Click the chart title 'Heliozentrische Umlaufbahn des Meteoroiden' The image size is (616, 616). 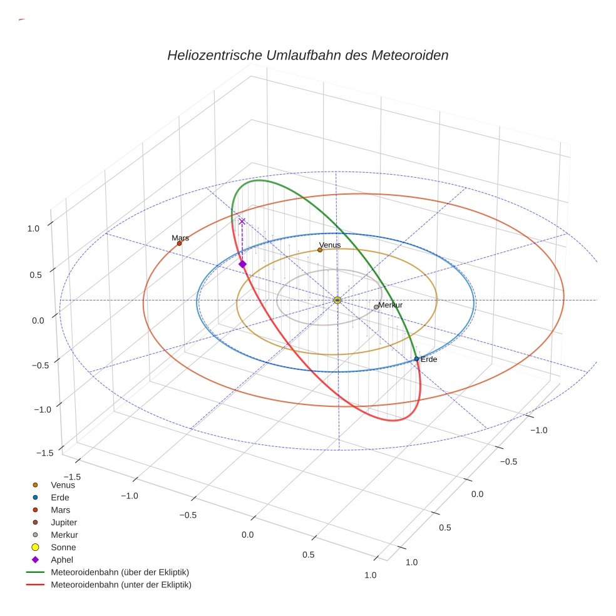(307, 55)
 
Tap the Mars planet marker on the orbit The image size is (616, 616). (179, 244)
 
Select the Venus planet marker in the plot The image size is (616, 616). (320, 250)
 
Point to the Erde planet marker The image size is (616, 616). (416, 359)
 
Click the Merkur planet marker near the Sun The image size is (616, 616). (376, 307)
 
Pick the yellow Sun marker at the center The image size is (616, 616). (337, 300)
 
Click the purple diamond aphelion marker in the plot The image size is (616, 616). (242, 264)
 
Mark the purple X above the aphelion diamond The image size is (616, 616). (242, 221)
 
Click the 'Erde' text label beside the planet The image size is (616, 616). (429, 360)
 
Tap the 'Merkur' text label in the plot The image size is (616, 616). (390, 305)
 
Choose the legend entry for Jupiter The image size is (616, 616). (64, 522)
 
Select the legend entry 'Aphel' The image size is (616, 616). (61, 560)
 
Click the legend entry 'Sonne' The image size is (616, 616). (63, 547)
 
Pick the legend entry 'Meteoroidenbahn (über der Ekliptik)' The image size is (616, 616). (120, 572)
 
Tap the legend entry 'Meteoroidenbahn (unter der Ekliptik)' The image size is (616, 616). (121, 585)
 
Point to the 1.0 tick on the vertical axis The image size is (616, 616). (33, 228)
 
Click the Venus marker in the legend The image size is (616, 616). (36, 485)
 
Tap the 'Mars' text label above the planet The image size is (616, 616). (180, 238)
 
